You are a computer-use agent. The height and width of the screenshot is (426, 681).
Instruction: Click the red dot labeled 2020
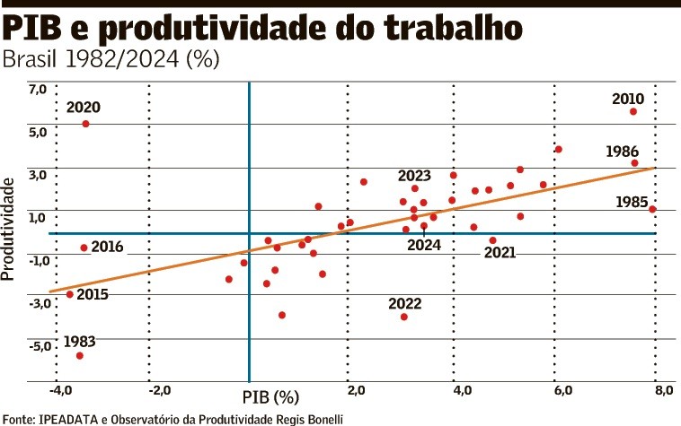[x=85, y=124]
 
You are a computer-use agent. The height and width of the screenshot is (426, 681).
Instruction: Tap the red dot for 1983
[x=80, y=356]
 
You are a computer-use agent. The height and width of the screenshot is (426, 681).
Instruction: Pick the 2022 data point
[x=404, y=317]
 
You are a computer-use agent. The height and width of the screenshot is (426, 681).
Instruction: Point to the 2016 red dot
[x=84, y=248]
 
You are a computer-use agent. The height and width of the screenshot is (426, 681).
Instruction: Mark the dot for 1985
[x=652, y=209]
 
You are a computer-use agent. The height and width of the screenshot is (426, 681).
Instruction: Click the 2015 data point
[x=70, y=294]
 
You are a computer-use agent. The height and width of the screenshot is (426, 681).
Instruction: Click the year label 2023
[x=414, y=176]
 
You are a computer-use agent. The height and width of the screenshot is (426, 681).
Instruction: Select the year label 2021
[x=500, y=252]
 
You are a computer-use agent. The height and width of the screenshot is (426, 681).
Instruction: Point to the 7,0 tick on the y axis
[x=37, y=90]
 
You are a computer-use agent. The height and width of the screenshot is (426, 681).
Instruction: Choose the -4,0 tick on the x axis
[x=60, y=390]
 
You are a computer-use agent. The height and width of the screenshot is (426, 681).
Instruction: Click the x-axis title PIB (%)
[x=270, y=396]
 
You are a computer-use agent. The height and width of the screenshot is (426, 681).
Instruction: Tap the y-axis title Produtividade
[x=10, y=229]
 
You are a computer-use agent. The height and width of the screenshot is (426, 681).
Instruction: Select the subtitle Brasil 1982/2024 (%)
[x=111, y=60]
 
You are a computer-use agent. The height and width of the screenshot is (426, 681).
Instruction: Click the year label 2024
[x=422, y=244]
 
